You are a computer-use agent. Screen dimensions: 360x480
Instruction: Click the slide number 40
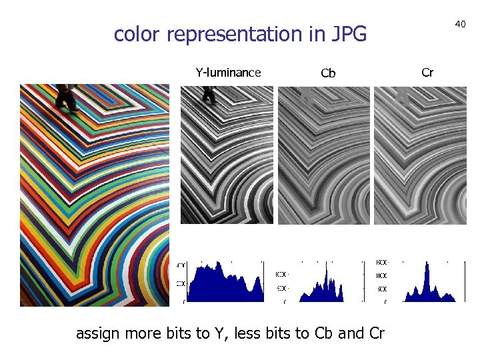click(460, 24)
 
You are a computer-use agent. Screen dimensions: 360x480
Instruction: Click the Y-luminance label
click(228, 73)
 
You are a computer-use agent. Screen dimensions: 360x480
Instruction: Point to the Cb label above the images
click(328, 73)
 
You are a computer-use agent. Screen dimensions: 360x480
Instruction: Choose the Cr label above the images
click(427, 72)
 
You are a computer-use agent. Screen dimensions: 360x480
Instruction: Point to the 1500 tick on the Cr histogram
click(382, 262)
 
